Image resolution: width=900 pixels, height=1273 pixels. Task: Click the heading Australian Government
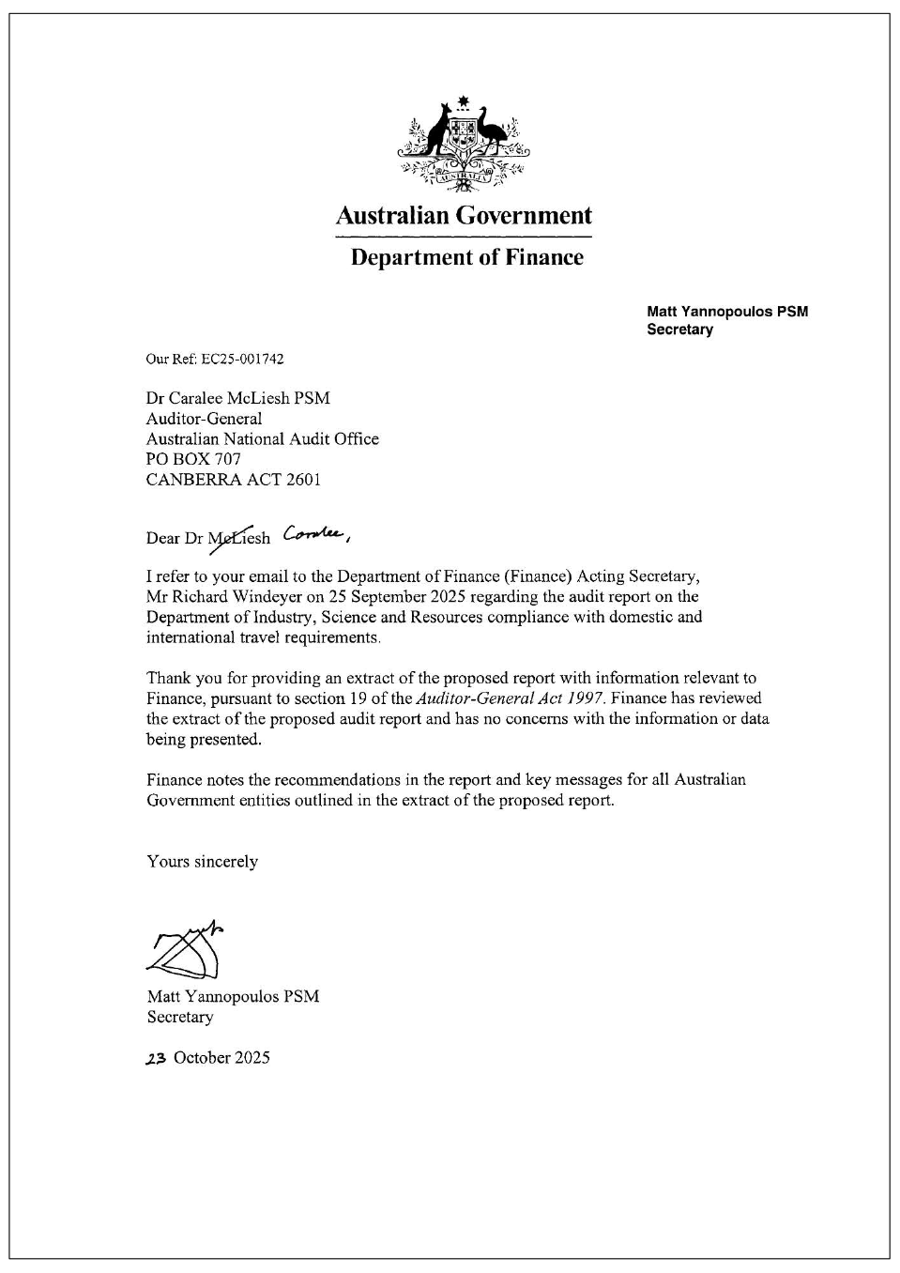click(x=464, y=216)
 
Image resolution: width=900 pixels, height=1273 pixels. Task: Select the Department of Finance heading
click(x=466, y=257)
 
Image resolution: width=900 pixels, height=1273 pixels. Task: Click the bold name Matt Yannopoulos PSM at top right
click(x=727, y=312)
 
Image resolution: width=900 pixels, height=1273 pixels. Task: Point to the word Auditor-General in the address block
click(x=204, y=419)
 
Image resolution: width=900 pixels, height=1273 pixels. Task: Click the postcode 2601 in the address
click(x=303, y=480)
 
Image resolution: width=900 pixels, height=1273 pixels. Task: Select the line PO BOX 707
click(x=193, y=459)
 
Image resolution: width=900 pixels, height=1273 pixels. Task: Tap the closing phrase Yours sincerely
click(x=202, y=862)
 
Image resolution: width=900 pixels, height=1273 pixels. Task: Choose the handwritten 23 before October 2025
click(x=156, y=1058)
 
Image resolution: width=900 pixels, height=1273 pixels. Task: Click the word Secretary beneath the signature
click(x=180, y=1017)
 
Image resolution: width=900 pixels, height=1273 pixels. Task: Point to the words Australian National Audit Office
click(x=262, y=439)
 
